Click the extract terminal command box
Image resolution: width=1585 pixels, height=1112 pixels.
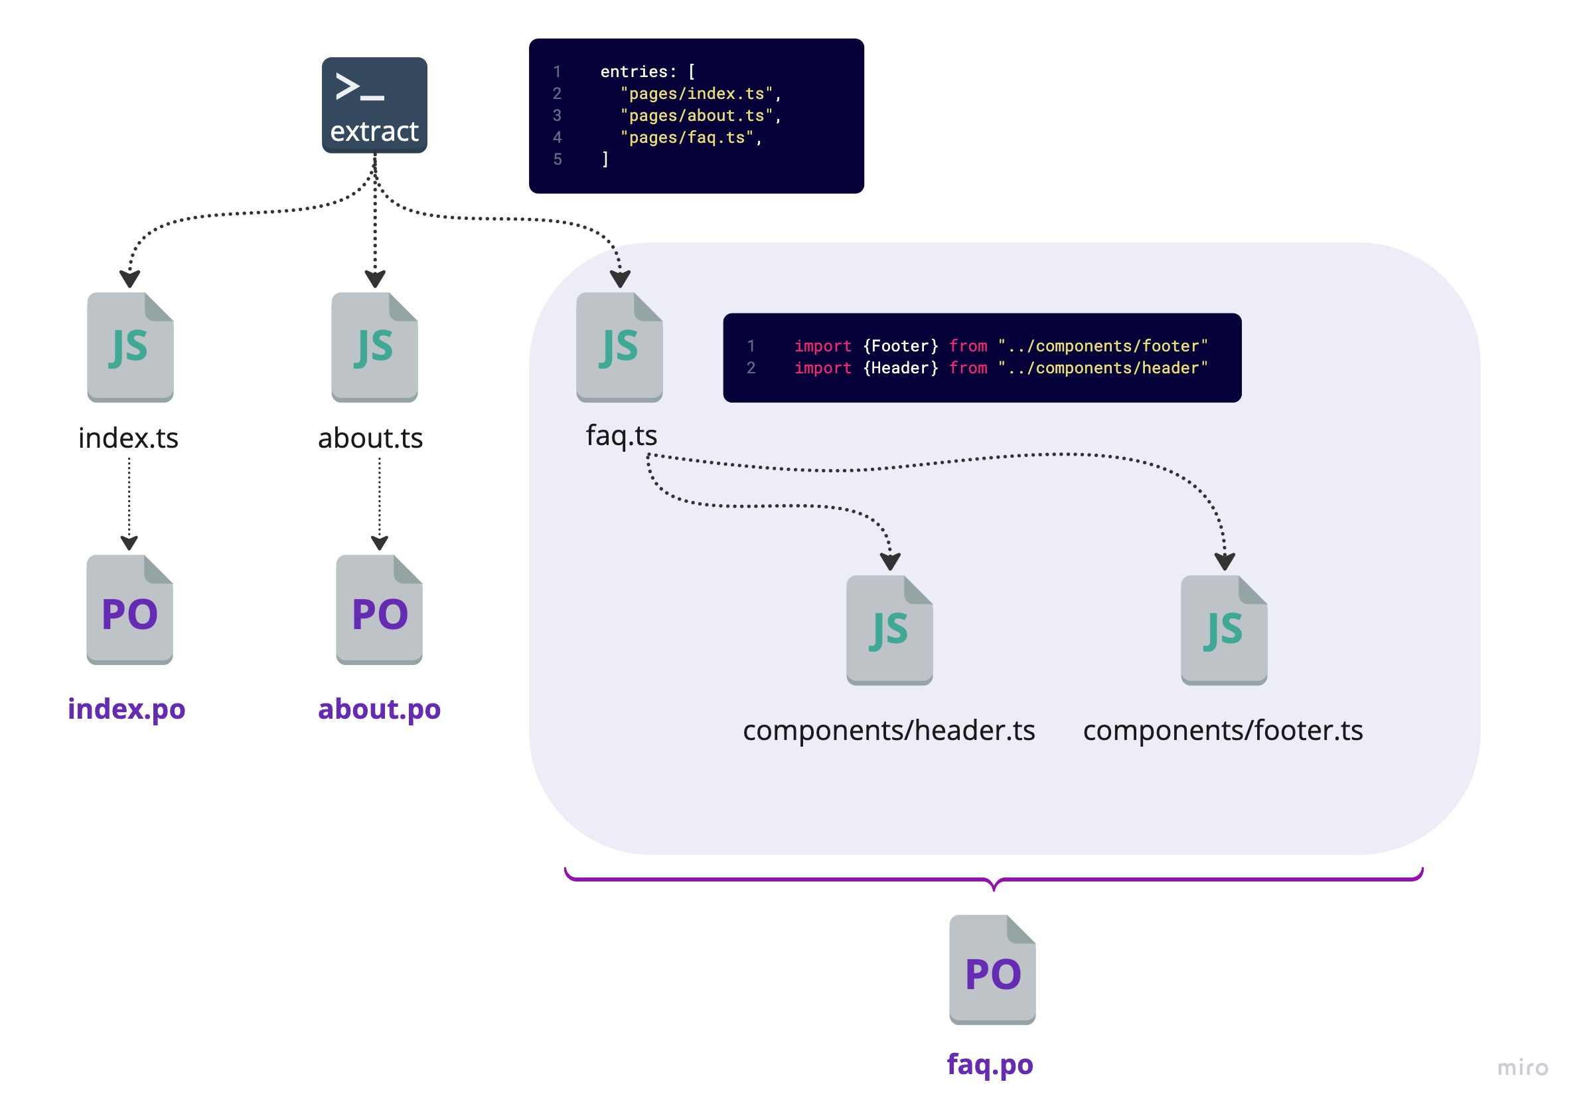tap(374, 105)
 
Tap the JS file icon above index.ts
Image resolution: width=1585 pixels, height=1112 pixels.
tap(130, 347)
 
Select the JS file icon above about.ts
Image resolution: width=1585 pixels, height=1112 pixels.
tap(374, 347)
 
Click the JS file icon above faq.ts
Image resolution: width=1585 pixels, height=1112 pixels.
tap(619, 347)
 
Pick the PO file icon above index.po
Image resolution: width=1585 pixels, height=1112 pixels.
tap(130, 609)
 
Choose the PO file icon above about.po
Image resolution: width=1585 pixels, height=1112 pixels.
tap(379, 609)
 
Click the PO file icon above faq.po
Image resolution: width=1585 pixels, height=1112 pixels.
tap(992, 969)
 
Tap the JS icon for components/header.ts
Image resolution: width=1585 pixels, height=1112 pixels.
tap(889, 630)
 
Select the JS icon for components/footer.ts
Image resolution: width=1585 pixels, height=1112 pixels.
tap(1223, 630)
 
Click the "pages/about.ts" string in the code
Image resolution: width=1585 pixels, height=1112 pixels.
tap(696, 116)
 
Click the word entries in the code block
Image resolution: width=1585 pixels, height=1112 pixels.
tap(634, 72)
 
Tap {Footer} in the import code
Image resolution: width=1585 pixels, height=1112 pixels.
tap(900, 346)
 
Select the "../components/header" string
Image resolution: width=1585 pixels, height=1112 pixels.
tap(1102, 368)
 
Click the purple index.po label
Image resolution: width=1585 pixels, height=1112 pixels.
tap(126, 709)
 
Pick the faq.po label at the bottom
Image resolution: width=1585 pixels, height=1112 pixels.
tap(989, 1064)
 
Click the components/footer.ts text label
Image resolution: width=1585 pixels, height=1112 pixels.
tap(1223, 730)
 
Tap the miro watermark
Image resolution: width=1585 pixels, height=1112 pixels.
tap(1522, 1067)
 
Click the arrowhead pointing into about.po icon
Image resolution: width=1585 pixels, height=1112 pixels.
tap(379, 543)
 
